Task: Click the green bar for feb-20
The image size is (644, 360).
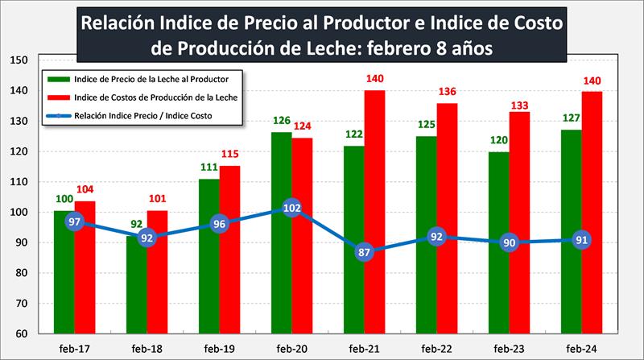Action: [x=280, y=242]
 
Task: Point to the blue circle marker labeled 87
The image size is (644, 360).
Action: [x=363, y=252]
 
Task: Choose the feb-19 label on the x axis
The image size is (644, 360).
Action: [x=220, y=348]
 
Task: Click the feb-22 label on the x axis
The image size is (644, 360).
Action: [x=436, y=348]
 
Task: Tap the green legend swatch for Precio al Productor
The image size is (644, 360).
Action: [x=57, y=79]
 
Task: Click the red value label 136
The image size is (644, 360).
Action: [x=448, y=91]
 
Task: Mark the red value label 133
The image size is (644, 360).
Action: [x=520, y=100]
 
